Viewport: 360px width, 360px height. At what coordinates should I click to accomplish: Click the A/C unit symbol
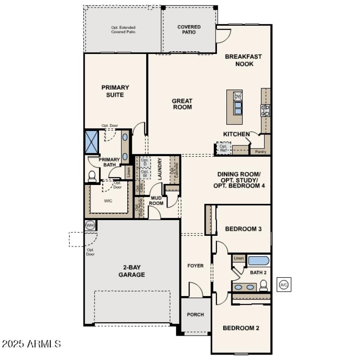(283, 285)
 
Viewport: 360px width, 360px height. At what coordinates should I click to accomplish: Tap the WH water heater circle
(90, 225)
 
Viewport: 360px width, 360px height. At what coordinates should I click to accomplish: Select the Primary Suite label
(115, 91)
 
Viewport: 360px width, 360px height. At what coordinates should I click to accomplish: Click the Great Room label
(182, 104)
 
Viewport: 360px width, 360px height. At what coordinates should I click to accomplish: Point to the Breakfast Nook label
(243, 60)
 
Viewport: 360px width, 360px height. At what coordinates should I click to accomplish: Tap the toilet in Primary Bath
(92, 176)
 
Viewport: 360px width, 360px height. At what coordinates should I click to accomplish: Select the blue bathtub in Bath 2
(258, 261)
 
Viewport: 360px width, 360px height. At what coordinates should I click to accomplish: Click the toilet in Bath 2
(264, 285)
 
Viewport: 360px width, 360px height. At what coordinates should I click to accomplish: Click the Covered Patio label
(189, 29)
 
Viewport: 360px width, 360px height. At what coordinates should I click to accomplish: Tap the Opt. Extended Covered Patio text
(123, 30)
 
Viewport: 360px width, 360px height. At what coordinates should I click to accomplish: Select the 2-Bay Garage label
(131, 271)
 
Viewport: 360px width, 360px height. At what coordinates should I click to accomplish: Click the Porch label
(195, 315)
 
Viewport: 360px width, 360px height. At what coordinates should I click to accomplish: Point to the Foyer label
(195, 265)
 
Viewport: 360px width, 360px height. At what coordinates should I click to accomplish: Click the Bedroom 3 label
(243, 229)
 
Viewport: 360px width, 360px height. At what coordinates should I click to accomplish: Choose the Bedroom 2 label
(241, 328)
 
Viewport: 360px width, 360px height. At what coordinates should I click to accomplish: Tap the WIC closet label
(108, 201)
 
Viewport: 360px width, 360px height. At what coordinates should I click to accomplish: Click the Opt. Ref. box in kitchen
(223, 148)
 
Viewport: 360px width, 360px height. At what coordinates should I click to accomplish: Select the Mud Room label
(156, 200)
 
